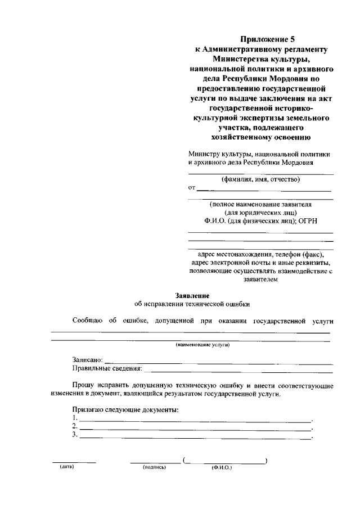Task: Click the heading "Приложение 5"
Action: point(260,39)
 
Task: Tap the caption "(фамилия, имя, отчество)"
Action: point(260,179)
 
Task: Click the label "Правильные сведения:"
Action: point(107,369)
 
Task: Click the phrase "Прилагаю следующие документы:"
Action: point(125,409)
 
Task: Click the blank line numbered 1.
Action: point(195,420)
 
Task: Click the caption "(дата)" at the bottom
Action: point(67,467)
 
